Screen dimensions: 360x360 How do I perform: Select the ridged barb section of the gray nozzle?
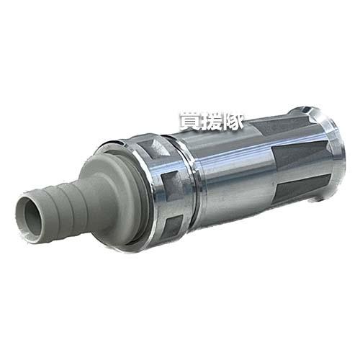coord(58,204)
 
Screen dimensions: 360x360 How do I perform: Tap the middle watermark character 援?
coord(214,121)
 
